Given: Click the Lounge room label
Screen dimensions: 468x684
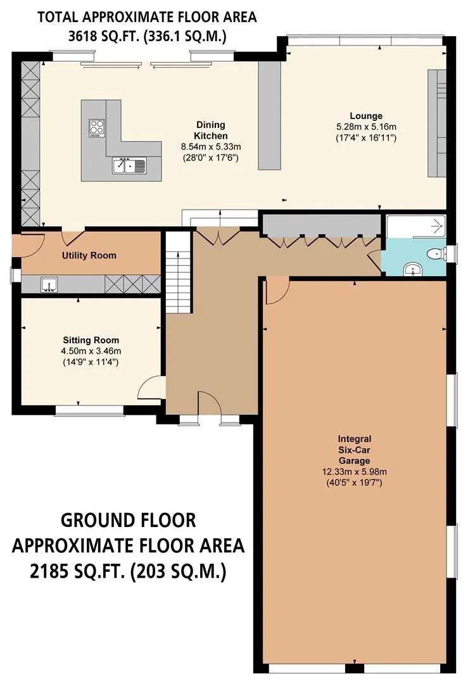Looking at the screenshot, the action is point(366,116).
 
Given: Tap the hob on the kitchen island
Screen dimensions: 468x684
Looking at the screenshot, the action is point(97,128).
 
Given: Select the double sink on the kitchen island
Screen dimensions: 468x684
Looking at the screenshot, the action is point(129,165).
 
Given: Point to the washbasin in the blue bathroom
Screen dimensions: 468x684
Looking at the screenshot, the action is point(412,270).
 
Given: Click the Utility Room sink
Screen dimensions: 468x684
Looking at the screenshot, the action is point(49,284).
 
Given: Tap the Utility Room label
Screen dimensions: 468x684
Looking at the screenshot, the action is point(89,255).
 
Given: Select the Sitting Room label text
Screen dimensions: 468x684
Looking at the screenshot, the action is point(91,340).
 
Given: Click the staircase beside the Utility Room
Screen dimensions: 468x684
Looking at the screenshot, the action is point(179,272).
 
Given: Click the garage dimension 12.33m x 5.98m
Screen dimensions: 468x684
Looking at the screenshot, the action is point(354,472).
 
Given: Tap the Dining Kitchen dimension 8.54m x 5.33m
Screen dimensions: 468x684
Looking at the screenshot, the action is point(211,146).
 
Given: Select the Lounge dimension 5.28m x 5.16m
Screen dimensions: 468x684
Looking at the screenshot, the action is point(366,127).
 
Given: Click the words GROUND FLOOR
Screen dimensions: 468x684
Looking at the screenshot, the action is point(128,520).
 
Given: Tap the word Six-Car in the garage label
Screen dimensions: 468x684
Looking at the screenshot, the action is point(354,450).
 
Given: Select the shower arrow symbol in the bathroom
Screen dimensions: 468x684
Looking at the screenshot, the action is point(436,226).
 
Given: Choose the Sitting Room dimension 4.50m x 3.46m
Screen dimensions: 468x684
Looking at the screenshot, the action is point(91,351).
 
